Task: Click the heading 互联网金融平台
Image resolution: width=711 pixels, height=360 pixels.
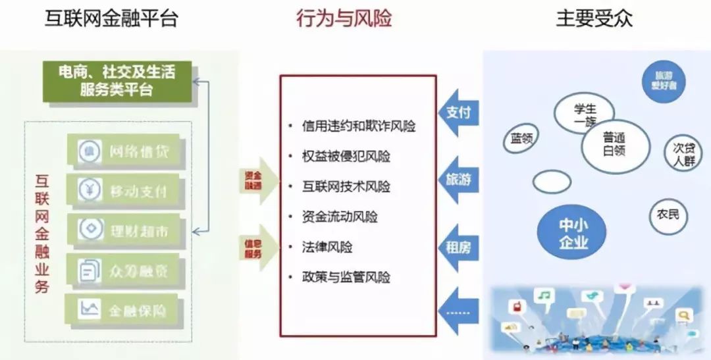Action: pyautogui.click(x=111, y=18)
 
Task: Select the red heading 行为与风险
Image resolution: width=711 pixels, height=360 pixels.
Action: pyautogui.click(x=344, y=18)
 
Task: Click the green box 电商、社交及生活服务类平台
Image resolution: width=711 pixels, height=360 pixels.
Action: pyautogui.click(x=117, y=81)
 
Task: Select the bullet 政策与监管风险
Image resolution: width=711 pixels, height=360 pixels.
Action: pyautogui.click(x=346, y=277)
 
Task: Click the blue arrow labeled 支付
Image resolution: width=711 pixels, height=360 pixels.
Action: pyautogui.click(x=459, y=113)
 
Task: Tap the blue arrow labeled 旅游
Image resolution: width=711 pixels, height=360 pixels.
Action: pyautogui.click(x=459, y=179)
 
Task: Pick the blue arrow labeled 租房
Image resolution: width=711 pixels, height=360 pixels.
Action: pyautogui.click(x=459, y=248)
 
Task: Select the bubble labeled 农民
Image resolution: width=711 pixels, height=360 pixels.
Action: pyautogui.click(x=668, y=215)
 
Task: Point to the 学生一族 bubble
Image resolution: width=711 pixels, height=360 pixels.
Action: pyautogui.click(x=584, y=114)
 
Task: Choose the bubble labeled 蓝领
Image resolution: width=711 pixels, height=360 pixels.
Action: pyautogui.click(x=521, y=139)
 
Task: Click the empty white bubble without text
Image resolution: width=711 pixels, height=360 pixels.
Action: pyautogui.click(x=552, y=182)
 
